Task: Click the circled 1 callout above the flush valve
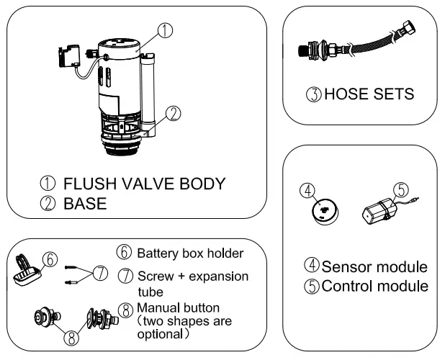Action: tap(165, 30)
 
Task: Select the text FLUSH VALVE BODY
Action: tap(142, 183)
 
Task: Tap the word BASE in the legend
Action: tap(85, 204)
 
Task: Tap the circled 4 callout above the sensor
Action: tap(307, 192)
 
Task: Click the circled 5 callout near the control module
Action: tap(401, 189)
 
